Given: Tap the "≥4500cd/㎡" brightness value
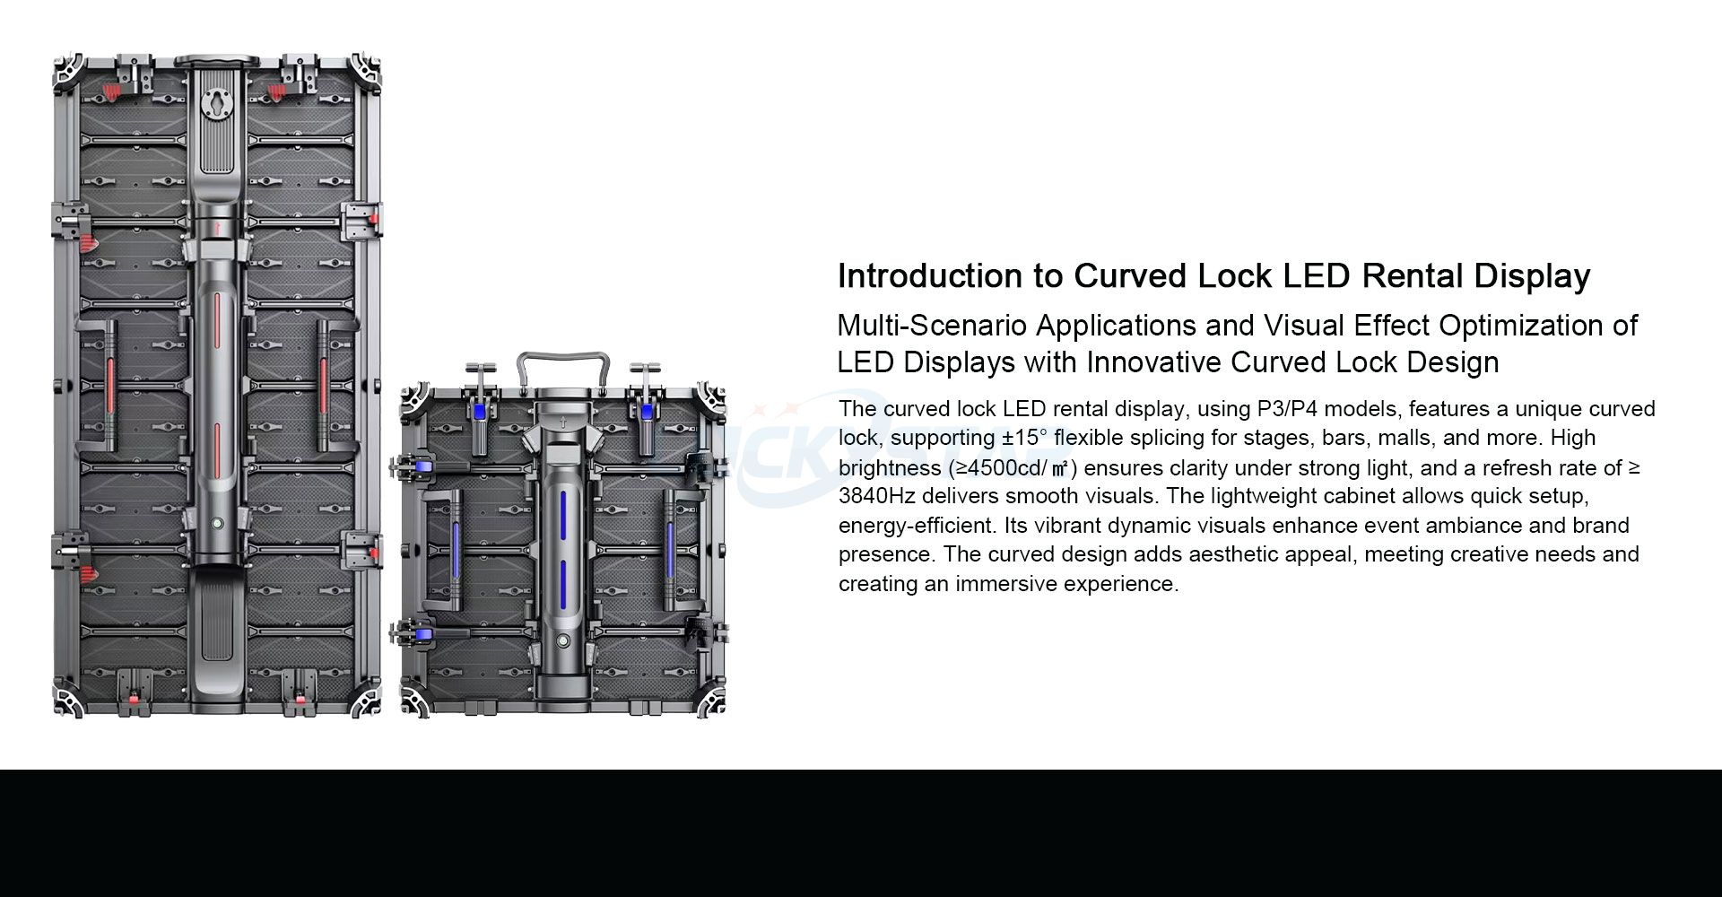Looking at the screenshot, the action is pos(1009,468).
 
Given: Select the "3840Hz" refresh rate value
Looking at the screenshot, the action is pos(876,496).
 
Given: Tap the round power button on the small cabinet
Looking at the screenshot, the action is pos(562,642).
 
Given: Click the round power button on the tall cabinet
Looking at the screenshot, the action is pos(216,523).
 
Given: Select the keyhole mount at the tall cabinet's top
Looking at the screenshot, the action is pos(215,102).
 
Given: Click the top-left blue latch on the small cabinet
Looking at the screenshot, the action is pos(481,412).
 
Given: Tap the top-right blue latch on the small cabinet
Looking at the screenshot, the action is pos(646,412).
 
